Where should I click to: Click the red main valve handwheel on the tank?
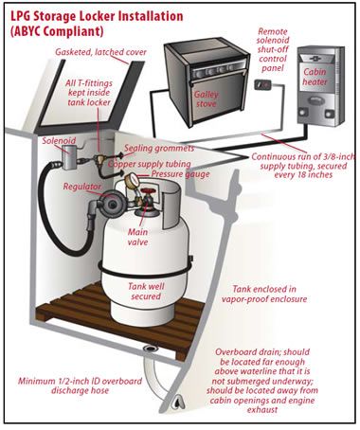pos(146,192)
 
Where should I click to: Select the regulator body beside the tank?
pos(111,205)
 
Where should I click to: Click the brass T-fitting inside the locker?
pos(99,159)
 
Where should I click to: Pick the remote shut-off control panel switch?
pos(263,85)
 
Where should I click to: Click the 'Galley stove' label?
pos(207,99)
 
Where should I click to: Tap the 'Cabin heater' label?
pos(315,77)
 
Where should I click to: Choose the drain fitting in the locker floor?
pos(148,349)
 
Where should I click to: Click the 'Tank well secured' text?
pos(146,292)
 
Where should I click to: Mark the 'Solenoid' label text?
pos(59,140)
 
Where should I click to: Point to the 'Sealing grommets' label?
pos(159,148)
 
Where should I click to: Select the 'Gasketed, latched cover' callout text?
pos(100,52)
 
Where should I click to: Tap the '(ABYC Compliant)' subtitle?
pos(57,31)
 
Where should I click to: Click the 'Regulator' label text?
pos(81,187)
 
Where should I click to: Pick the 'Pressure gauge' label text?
pos(180,174)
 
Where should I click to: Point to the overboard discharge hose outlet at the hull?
pos(177,402)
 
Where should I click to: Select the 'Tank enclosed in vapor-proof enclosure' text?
pos(264,294)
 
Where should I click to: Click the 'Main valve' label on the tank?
pos(137,237)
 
